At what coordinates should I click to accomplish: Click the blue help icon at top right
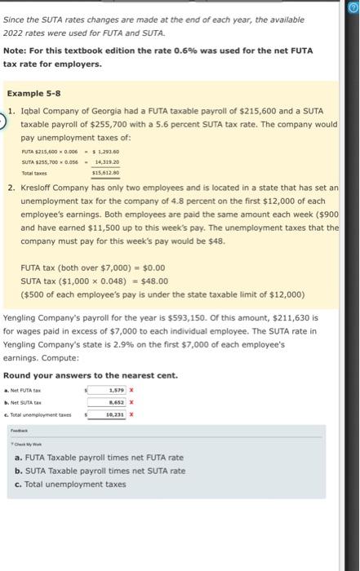pyautogui.click(x=353, y=7)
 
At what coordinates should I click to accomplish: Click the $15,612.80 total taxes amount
pyautogui.click(x=107, y=173)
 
